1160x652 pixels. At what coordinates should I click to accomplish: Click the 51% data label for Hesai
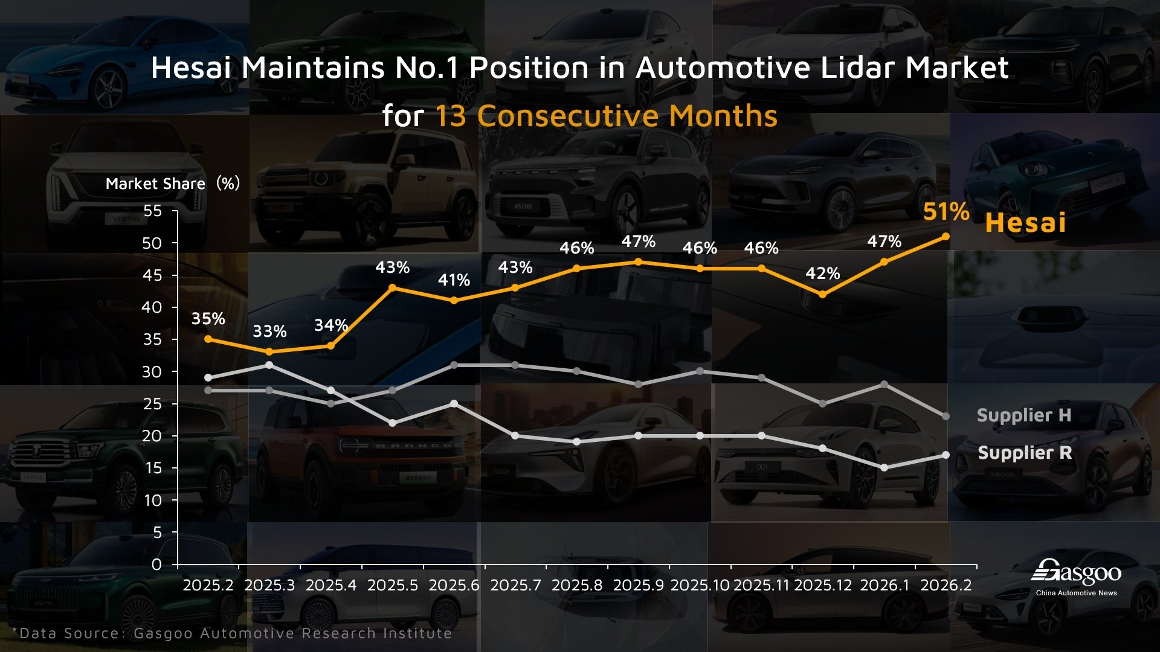[x=946, y=212]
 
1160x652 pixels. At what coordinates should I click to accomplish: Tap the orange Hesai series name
[x=1025, y=223]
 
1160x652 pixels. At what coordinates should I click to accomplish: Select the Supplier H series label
[x=1023, y=415]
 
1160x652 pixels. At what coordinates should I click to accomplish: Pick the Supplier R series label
[x=1025, y=453]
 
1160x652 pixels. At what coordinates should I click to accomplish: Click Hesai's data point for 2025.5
[x=393, y=287]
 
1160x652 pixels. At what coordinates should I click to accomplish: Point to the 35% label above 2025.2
[x=208, y=319]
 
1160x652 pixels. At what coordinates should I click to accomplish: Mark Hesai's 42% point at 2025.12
[x=822, y=294]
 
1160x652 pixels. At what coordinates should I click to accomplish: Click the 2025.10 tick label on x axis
[x=700, y=585]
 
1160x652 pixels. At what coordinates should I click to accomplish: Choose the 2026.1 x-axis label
[x=884, y=585]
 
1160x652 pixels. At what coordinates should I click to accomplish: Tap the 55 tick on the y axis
[x=153, y=211]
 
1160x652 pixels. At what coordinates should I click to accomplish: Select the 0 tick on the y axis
[x=157, y=564]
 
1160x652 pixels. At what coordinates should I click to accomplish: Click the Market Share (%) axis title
[x=173, y=184]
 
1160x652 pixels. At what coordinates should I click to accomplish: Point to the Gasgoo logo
[x=1076, y=577]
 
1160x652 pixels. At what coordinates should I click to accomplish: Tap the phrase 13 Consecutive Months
[x=606, y=116]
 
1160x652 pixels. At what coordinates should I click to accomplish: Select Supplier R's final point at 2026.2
[x=946, y=455]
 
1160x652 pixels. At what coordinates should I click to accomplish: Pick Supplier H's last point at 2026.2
[x=946, y=416]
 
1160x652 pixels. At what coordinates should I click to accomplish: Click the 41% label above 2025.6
[x=454, y=280]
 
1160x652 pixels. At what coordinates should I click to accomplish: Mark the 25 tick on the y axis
[x=152, y=404]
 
